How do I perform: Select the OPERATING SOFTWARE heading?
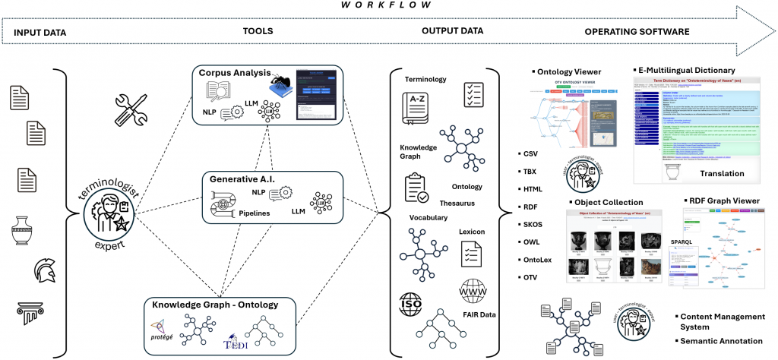coord(637,33)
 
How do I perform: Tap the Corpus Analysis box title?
coord(235,74)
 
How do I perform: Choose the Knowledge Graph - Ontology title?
coord(215,305)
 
